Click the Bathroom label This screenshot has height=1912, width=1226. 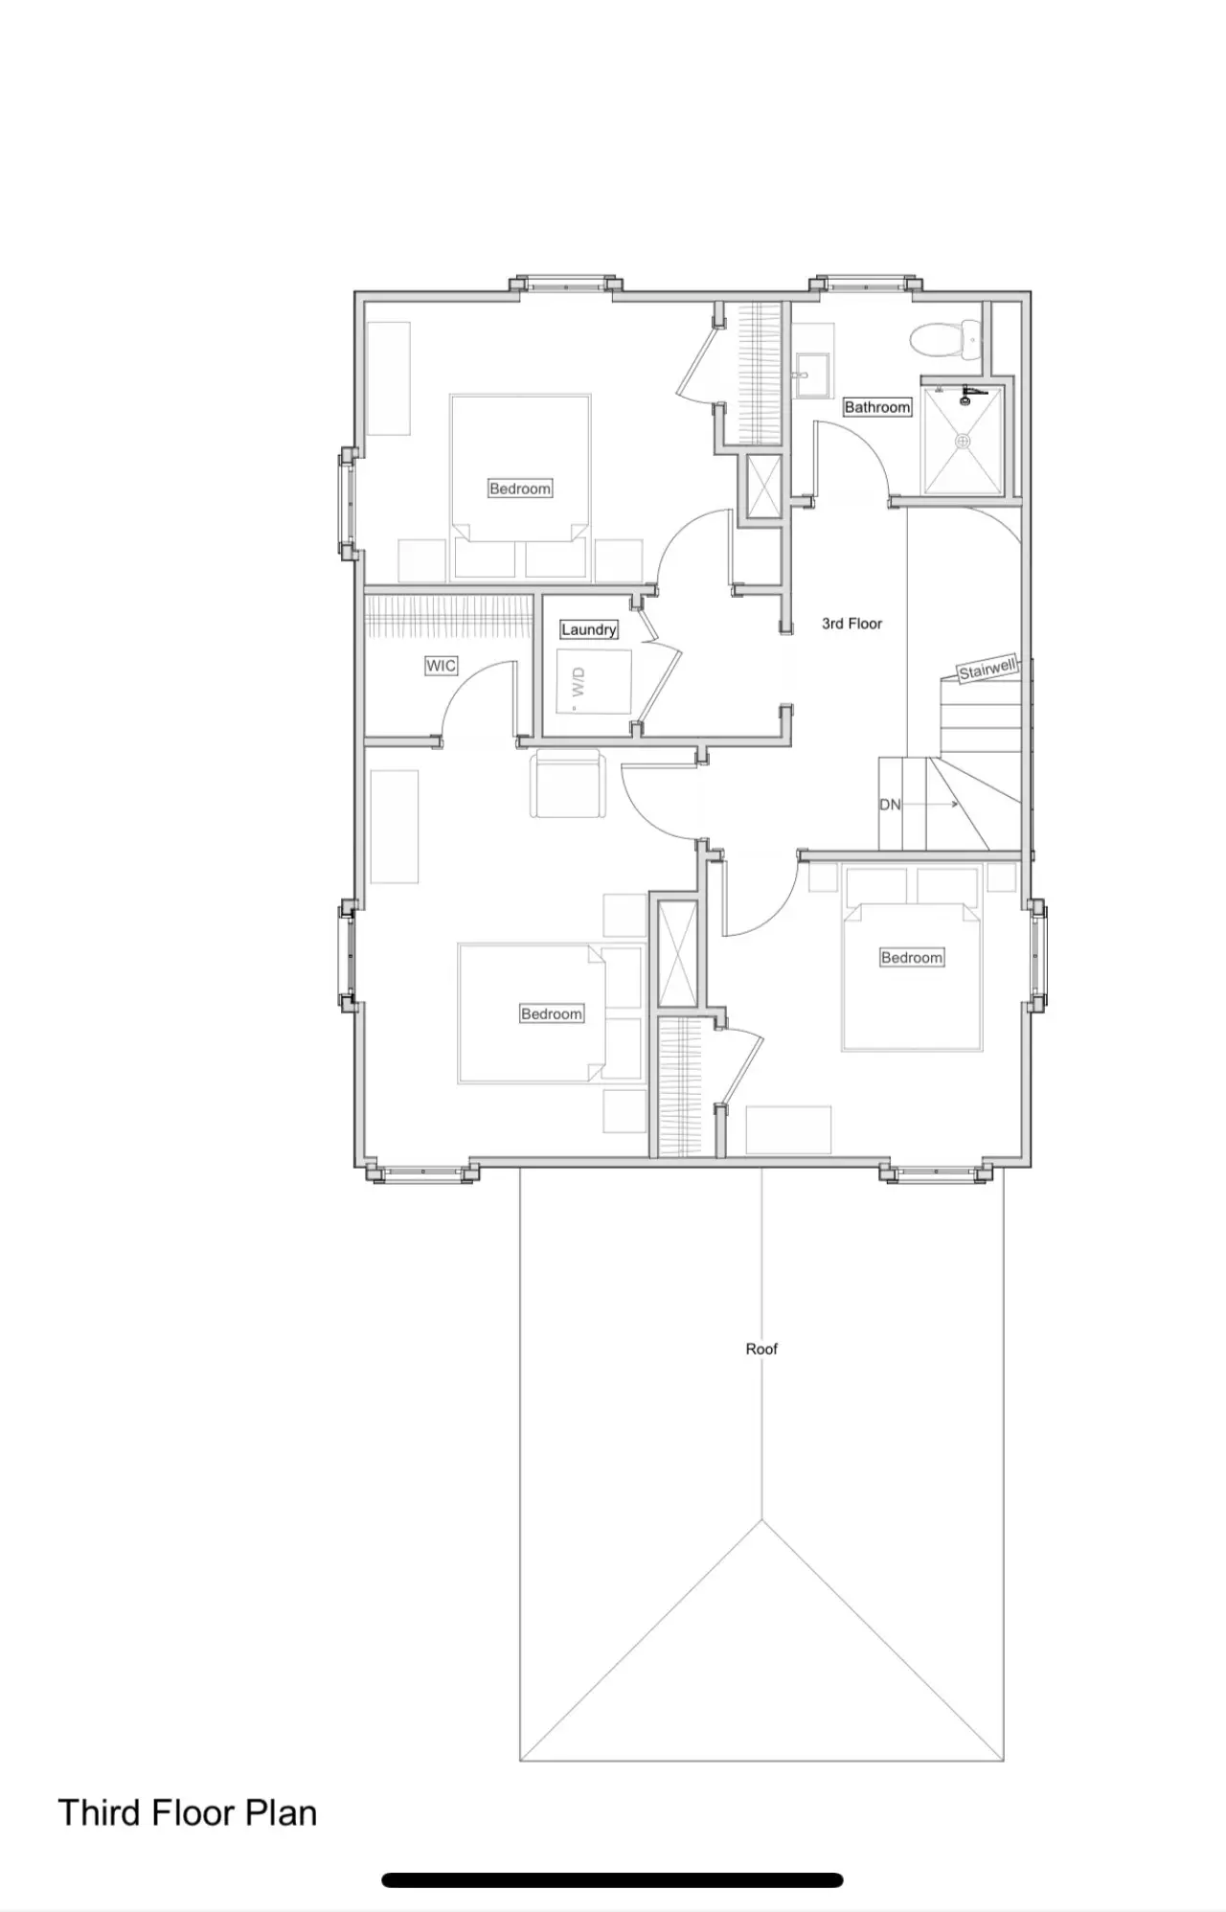(x=877, y=407)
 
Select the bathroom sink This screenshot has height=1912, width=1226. (x=813, y=369)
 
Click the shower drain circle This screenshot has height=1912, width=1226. (x=964, y=441)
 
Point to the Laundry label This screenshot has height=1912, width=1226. (x=588, y=629)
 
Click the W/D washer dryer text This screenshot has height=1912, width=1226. (x=579, y=683)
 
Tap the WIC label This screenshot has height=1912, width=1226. (x=441, y=665)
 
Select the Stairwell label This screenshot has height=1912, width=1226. (x=988, y=669)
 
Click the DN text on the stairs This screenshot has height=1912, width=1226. (x=890, y=805)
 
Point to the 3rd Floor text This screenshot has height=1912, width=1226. (x=851, y=624)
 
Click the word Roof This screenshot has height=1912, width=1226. (x=761, y=1349)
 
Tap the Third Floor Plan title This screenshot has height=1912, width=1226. (x=188, y=1813)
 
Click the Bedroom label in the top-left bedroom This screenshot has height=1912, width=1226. (x=520, y=489)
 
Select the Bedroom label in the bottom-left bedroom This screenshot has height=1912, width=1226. (x=552, y=1013)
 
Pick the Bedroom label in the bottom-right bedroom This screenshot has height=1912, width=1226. (x=912, y=957)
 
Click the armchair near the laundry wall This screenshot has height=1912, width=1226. (x=569, y=784)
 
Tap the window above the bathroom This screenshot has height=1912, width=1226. (x=867, y=284)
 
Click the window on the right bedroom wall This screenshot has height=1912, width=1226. (x=1036, y=955)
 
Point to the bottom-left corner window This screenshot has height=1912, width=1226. (x=421, y=1172)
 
